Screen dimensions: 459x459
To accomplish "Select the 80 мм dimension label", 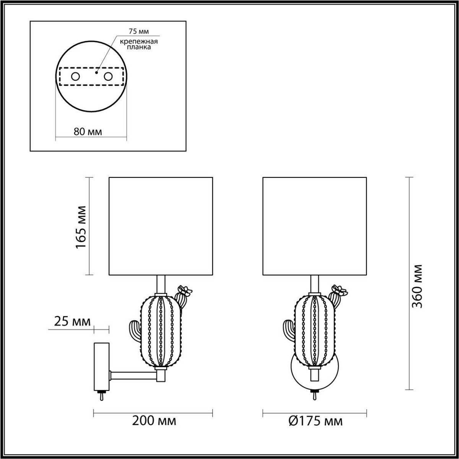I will [x=88, y=132].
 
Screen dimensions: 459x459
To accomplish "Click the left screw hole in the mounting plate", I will [x=75, y=76].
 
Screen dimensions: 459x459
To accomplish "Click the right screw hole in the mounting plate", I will [x=108, y=76].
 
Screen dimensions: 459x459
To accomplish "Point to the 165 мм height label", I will [x=81, y=226].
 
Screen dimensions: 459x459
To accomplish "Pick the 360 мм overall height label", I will [x=417, y=286].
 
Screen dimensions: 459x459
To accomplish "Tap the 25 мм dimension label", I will [x=72, y=321].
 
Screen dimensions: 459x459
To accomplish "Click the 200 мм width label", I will [x=154, y=421].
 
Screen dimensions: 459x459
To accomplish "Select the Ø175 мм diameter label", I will [x=315, y=421].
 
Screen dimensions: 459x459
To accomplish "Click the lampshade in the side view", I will [x=161, y=226].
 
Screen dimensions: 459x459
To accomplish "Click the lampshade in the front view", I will [x=314, y=226].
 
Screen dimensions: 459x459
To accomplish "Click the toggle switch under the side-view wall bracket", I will [x=102, y=396].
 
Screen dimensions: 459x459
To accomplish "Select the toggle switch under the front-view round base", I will [x=314, y=396].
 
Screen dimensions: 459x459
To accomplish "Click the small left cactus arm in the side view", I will [x=134, y=331].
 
